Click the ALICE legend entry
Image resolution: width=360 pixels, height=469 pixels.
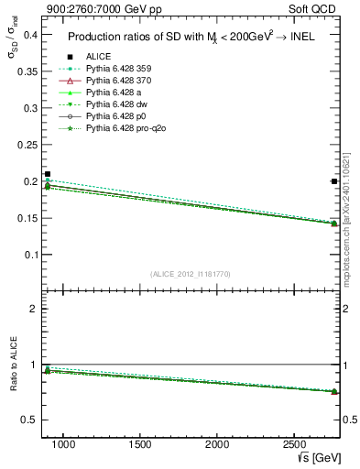(99, 57)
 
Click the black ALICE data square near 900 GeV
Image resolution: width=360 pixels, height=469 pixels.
(48, 174)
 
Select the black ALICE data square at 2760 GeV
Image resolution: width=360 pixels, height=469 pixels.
(334, 181)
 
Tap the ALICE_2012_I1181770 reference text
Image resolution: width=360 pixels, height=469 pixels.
(191, 273)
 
